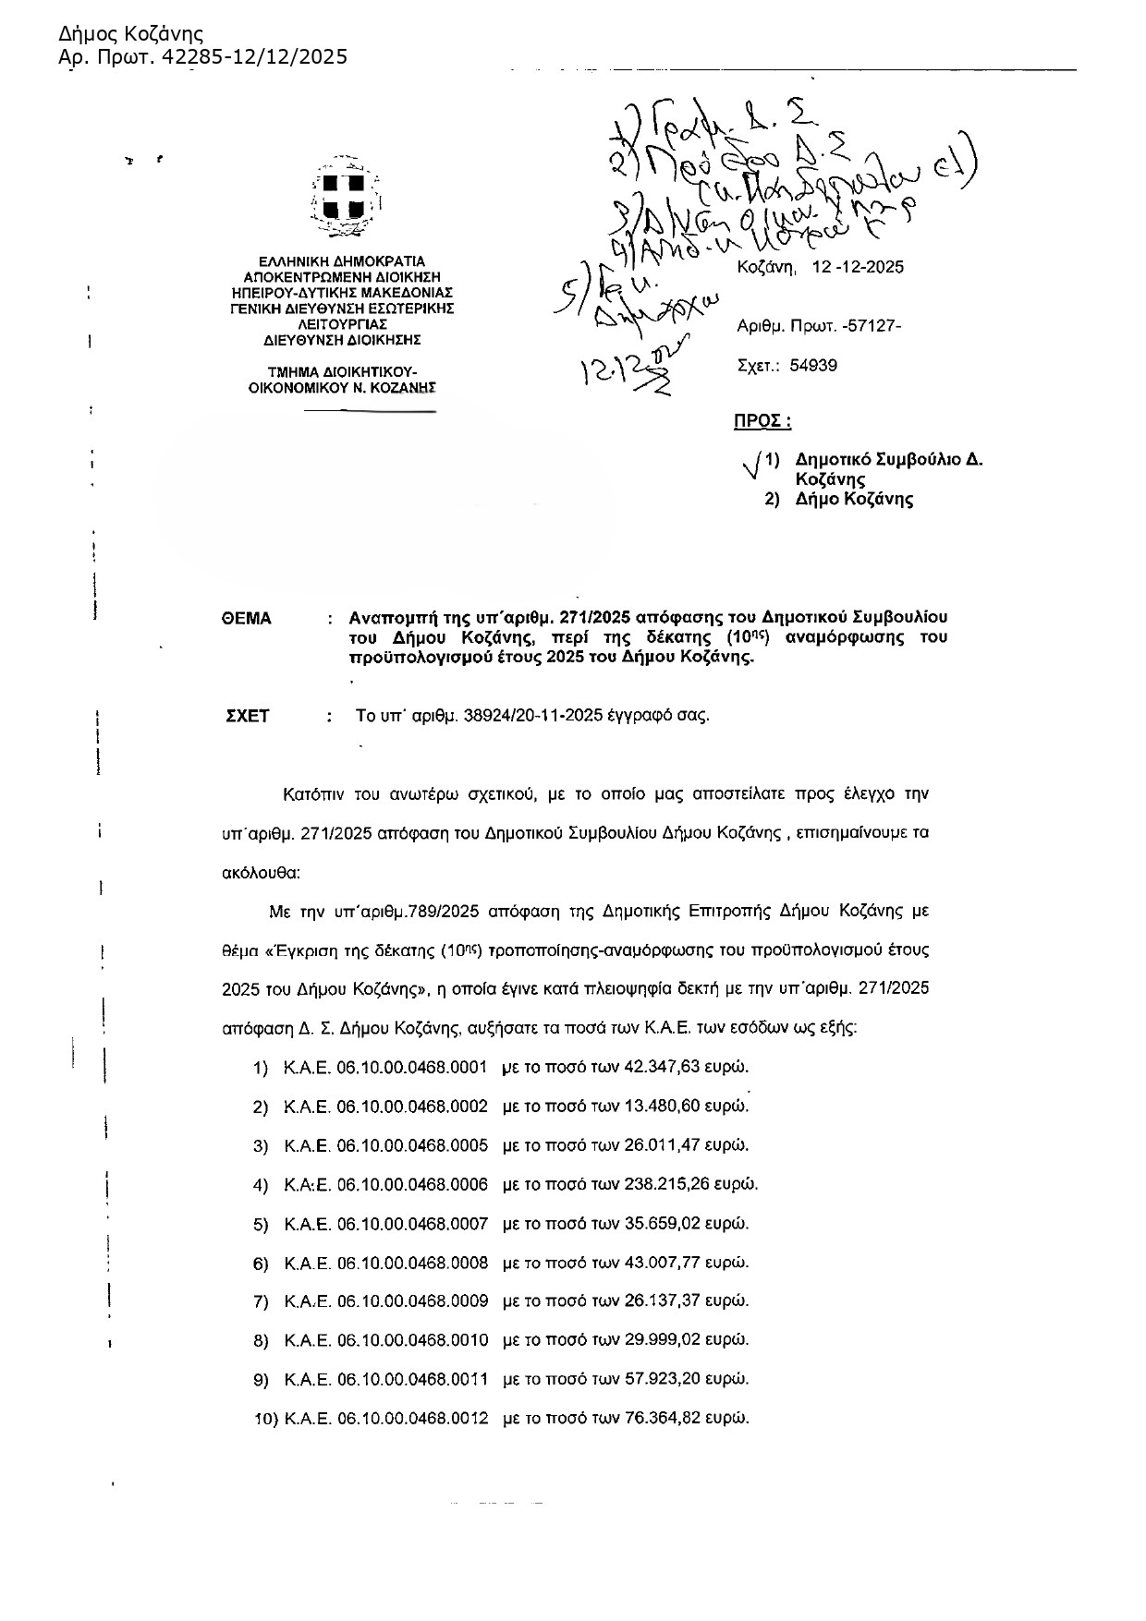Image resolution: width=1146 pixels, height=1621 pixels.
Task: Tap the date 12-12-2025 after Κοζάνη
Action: click(x=858, y=268)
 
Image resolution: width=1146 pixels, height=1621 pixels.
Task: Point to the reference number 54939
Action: click(x=813, y=366)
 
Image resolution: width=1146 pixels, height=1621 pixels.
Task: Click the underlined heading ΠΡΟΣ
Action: click(x=762, y=421)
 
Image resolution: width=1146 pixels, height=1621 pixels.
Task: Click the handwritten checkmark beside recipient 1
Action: click(x=752, y=465)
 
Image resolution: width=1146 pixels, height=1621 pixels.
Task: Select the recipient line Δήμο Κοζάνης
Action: click(x=854, y=500)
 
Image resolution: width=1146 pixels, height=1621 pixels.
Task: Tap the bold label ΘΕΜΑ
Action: click(x=247, y=619)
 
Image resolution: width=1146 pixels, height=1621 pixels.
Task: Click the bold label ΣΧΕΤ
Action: click(x=248, y=716)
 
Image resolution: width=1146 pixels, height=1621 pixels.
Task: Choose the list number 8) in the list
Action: click(x=261, y=1340)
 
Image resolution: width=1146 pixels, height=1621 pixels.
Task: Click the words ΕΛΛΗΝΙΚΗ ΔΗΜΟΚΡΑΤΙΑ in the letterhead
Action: click(x=342, y=261)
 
